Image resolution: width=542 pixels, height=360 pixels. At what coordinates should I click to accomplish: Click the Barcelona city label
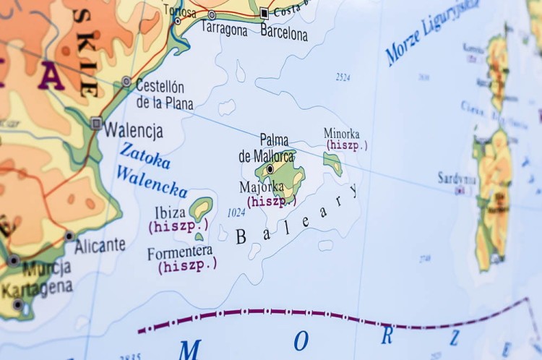click(x=284, y=33)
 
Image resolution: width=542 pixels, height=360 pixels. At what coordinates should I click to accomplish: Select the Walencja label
click(x=134, y=131)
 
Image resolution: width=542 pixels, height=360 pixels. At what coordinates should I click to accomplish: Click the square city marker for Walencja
click(x=96, y=124)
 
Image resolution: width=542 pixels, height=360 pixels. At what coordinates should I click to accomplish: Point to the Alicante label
click(x=100, y=245)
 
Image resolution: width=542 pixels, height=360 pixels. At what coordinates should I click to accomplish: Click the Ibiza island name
click(x=170, y=213)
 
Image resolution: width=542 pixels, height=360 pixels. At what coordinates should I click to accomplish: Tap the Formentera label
click(x=180, y=252)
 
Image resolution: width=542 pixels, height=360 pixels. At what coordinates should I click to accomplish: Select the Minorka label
click(x=342, y=134)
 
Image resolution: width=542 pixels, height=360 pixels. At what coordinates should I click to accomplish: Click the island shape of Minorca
click(x=333, y=163)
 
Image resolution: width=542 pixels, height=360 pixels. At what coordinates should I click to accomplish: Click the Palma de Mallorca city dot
click(x=270, y=168)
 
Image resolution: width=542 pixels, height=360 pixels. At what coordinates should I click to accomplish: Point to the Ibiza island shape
click(x=201, y=208)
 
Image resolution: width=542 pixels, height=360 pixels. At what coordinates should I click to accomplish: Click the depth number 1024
click(x=236, y=213)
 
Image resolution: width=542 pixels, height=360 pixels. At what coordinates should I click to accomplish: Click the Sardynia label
click(x=457, y=178)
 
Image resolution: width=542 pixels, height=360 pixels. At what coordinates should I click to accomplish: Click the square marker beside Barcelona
click(x=264, y=13)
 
